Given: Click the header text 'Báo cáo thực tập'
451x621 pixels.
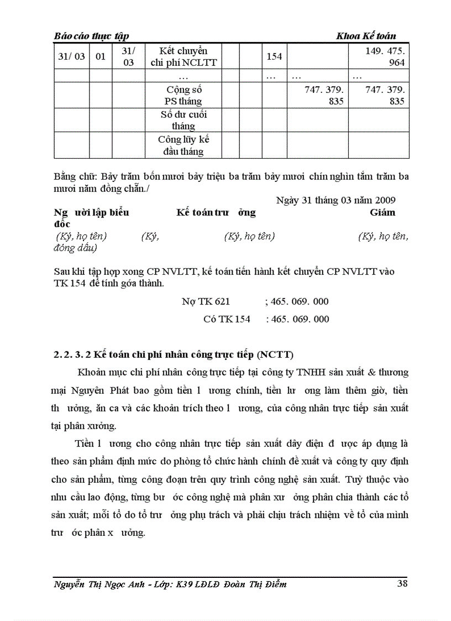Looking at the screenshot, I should click(x=91, y=36).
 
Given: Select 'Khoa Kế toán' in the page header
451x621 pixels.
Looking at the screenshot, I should click(x=366, y=36).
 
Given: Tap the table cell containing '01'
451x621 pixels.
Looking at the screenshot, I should click(x=101, y=56).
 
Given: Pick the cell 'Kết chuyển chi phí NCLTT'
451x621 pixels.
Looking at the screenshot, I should click(x=183, y=56).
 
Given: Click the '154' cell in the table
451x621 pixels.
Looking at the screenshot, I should click(x=274, y=56).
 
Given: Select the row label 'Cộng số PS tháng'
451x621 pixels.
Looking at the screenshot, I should click(x=183, y=95).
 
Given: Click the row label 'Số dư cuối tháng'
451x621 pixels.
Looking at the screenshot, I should click(x=183, y=120).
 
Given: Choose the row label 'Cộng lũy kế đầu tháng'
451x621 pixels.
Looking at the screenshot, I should click(x=183, y=145).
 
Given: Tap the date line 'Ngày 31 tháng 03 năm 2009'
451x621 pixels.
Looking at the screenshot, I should click(x=335, y=200).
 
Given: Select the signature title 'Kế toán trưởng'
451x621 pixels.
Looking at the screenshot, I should click(x=216, y=212).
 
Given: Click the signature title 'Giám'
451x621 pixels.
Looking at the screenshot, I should click(x=382, y=212).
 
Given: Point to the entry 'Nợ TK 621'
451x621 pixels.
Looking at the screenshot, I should click(x=206, y=301).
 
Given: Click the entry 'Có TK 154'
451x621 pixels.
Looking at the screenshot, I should click(x=227, y=319).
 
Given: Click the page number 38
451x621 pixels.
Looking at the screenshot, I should click(x=402, y=583).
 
